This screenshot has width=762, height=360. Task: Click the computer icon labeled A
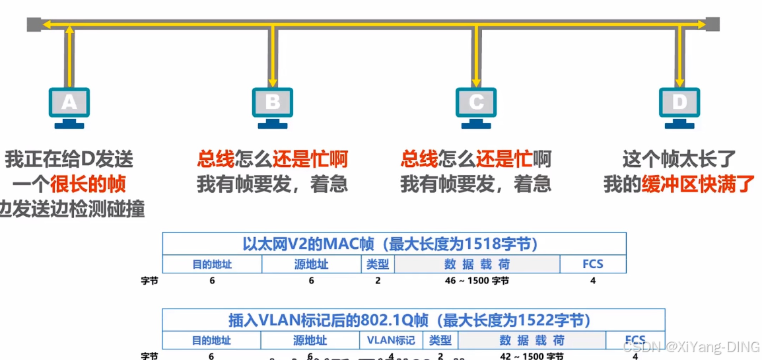click(x=69, y=106)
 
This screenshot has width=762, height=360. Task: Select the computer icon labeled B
click(x=272, y=106)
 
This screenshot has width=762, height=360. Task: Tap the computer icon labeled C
click(x=475, y=106)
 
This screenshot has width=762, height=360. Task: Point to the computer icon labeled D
click(x=679, y=106)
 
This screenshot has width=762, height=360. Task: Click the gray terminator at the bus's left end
click(x=34, y=25)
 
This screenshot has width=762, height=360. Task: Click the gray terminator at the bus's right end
click(x=712, y=25)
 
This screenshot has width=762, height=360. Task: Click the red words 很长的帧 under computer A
click(x=88, y=184)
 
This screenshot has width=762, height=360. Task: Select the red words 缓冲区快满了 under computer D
click(x=698, y=184)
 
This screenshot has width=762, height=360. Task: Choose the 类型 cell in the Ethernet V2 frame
click(x=378, y=265)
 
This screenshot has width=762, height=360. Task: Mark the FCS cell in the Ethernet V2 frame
click(x=592, y=265)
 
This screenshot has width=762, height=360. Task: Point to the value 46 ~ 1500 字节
click(x=477, y=281)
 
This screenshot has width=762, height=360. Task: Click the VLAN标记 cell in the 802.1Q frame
click(x=391, y=341)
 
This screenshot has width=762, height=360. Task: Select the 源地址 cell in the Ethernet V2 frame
click(x=311, y=265)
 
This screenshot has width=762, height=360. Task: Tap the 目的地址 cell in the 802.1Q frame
click(x=211, y=341)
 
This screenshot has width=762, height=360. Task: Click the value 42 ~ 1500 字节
click(x=532, y=356)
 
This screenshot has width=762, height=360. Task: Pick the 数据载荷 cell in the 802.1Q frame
click(x=532, y=341)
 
